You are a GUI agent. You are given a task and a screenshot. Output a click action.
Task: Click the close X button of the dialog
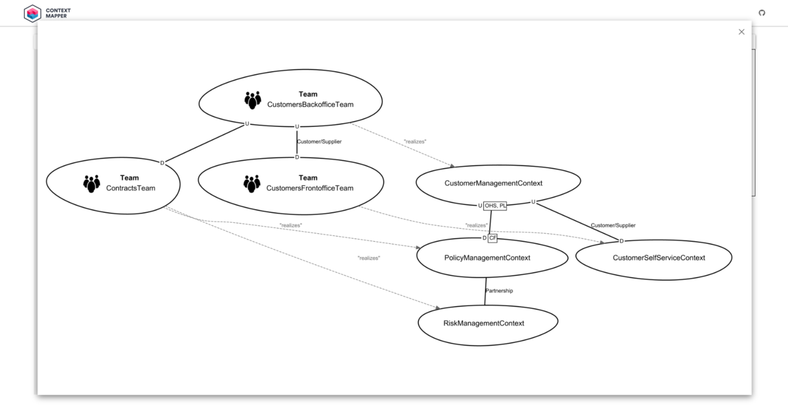[x=741, y=32]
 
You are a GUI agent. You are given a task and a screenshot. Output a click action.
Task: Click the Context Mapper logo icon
[x=32, y=12]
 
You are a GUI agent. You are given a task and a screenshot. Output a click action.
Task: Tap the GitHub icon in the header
[x=762, y=12]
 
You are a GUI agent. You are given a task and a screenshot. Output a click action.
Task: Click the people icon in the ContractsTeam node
[x=92, y=183]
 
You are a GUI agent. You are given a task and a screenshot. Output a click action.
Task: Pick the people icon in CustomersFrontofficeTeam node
[x=252, y=183]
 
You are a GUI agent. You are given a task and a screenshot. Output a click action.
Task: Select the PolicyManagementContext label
[x=487, y=258]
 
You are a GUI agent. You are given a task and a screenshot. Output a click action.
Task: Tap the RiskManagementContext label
[x=484, y=323]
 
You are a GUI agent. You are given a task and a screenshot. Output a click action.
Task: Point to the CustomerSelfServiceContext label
[x=659, y=258]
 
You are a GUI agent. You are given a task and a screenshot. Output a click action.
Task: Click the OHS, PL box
[x=495, y=206]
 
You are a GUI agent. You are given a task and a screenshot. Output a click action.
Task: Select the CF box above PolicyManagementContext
[x=492, y=238]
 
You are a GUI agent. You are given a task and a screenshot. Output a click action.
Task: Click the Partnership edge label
[x=499, y=290]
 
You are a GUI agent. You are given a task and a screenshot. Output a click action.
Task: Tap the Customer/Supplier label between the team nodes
[x=319, y=141]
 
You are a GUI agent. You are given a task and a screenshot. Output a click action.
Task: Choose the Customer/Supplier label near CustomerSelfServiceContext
[x=613, y=225]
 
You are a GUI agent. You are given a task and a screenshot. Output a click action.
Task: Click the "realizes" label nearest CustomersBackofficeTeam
[x=415, y=141]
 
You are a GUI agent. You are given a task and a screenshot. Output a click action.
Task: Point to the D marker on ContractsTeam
[x=162, y=162]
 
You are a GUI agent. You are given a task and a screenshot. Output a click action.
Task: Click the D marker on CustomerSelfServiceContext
[x=621, y=241]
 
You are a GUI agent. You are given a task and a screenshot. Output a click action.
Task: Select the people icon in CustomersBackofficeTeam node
[x=253, y=100]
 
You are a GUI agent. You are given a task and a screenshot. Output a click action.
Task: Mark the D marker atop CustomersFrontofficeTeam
[x=297, y=157]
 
